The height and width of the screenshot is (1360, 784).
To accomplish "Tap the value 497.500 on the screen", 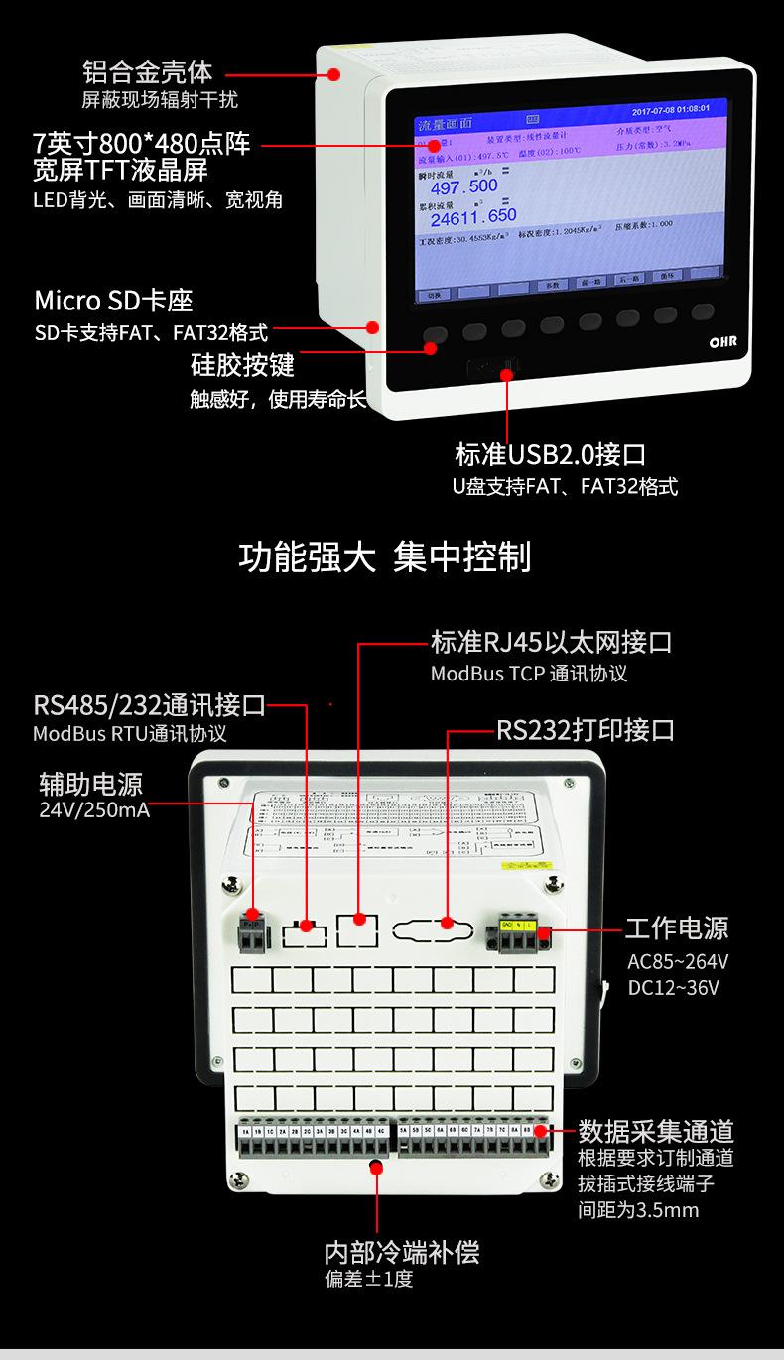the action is (x=463, y=186).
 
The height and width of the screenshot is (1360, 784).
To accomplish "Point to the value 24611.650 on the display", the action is (x=473, y=216).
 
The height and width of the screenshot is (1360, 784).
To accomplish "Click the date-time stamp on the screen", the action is (x=670, y=109).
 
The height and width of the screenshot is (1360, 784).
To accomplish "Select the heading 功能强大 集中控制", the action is (x=385, y=557).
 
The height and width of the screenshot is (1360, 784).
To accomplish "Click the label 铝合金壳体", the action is (x=147, y=72).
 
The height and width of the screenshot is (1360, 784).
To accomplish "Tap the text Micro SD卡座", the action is (x=113, y=301).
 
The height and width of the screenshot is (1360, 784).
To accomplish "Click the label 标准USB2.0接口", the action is (x=551, y=455).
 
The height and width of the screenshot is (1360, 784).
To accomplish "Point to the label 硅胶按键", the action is (x=242, y=365).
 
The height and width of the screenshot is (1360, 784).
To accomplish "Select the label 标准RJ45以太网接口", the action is (x=551, y=642).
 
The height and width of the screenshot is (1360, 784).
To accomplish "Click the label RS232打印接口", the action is (x=586, y=731).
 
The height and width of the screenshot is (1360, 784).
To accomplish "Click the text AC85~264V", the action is (x=678, y=961).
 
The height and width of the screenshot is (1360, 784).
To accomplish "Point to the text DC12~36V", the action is (x=673, y=988).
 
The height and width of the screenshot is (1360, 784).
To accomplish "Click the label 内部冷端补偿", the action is (x=402, y=1252).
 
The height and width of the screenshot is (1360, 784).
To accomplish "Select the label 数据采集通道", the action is (x=656, y=1131).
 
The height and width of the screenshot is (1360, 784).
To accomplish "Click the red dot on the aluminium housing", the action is (x=334, y=73).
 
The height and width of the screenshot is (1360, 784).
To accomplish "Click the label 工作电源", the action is (x=677, y=928).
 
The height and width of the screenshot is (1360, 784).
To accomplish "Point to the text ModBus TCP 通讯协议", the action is (x=529, y=673).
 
